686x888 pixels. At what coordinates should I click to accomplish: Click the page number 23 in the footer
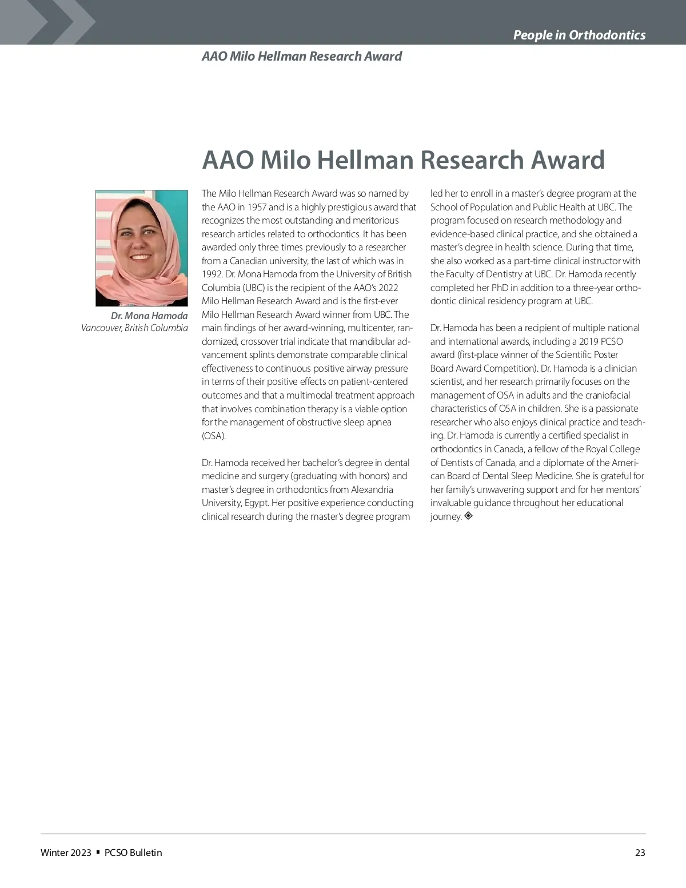click(640, 853)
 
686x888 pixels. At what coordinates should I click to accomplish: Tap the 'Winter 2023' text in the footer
click(66, 853)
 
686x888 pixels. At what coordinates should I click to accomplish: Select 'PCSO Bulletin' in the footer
click(133, 853)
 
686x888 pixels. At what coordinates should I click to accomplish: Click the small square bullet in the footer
click(98, 852)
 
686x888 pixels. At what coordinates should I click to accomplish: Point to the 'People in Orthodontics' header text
click(579, 35)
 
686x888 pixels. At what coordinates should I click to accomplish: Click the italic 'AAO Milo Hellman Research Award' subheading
click(301, 56)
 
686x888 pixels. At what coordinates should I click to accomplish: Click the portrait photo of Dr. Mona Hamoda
click(141, 248)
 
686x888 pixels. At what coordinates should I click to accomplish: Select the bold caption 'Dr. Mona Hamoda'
click(149, 316)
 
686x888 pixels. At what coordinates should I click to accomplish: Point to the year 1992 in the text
click(210, 274)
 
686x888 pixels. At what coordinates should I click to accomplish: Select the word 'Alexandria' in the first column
click(372, 489)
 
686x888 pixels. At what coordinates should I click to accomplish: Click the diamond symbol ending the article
click(468, 516)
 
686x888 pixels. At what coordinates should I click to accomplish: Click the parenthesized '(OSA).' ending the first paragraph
click(214, 436)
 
